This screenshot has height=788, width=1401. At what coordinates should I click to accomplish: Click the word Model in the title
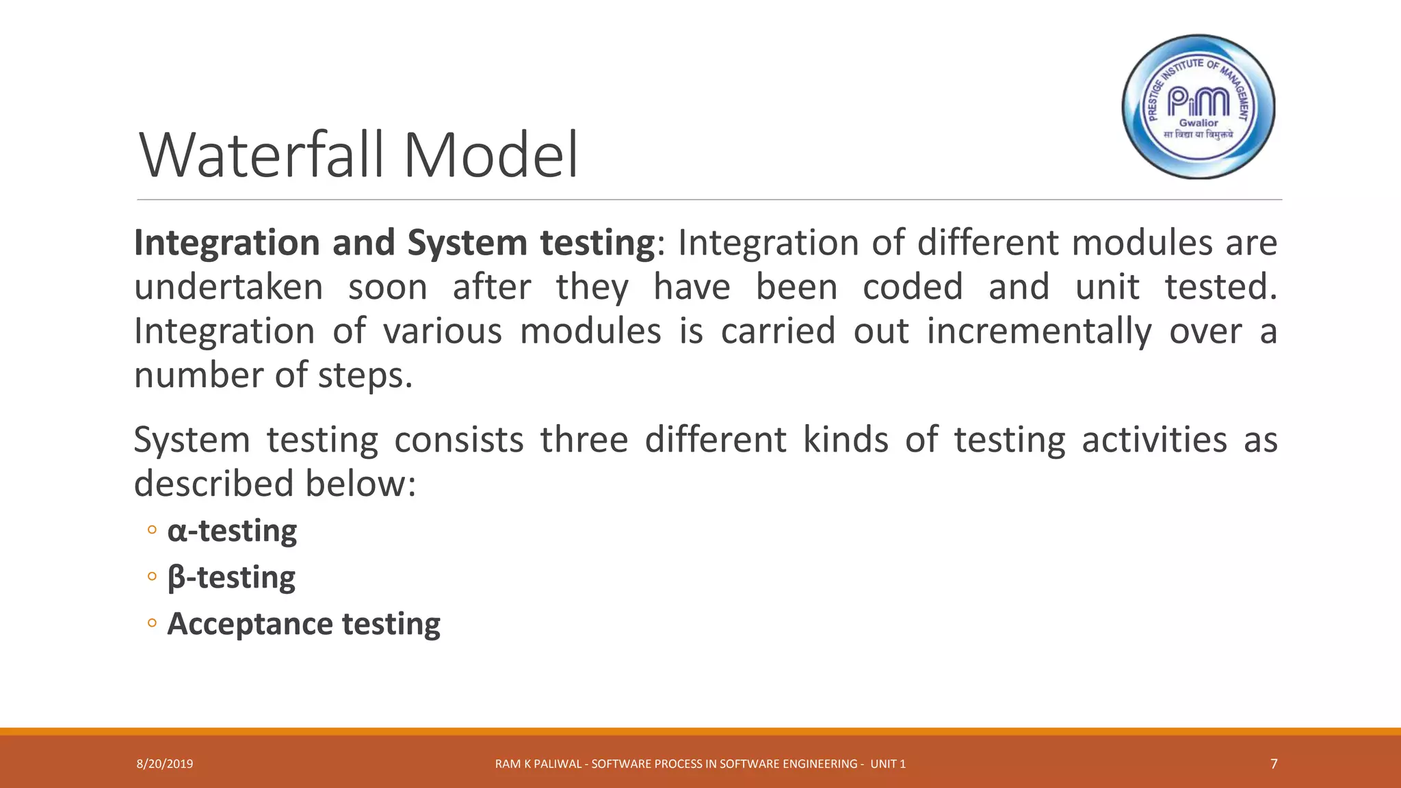[x=490, y=156]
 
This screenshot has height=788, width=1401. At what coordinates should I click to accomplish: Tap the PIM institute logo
[x=1199, y=107]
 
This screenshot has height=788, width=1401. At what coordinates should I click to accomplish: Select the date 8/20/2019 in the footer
[x=165, y=764]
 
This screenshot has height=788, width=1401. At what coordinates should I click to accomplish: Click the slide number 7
[x=1273, y=764]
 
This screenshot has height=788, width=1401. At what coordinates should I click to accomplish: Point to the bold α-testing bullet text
[x=232, y=531]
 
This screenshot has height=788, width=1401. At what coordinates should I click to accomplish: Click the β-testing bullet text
[x=231, y=577]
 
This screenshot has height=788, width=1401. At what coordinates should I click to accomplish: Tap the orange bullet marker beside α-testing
[x=152, y=530]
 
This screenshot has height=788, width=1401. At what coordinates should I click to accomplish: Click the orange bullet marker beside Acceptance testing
[x=152, y=623]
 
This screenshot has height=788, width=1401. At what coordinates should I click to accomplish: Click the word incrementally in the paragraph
[x=1038, y=331]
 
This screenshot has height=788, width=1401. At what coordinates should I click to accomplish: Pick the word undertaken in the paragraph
[x=228, y=287]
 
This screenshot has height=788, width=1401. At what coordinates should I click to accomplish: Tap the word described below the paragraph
[x=215, y=484]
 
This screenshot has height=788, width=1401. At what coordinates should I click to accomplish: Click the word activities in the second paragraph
[x=1154, y=439]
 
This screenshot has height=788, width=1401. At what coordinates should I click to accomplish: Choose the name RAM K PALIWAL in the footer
[x=538, y=764]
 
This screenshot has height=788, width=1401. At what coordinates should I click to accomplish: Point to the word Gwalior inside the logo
[x=1199, y=123]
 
